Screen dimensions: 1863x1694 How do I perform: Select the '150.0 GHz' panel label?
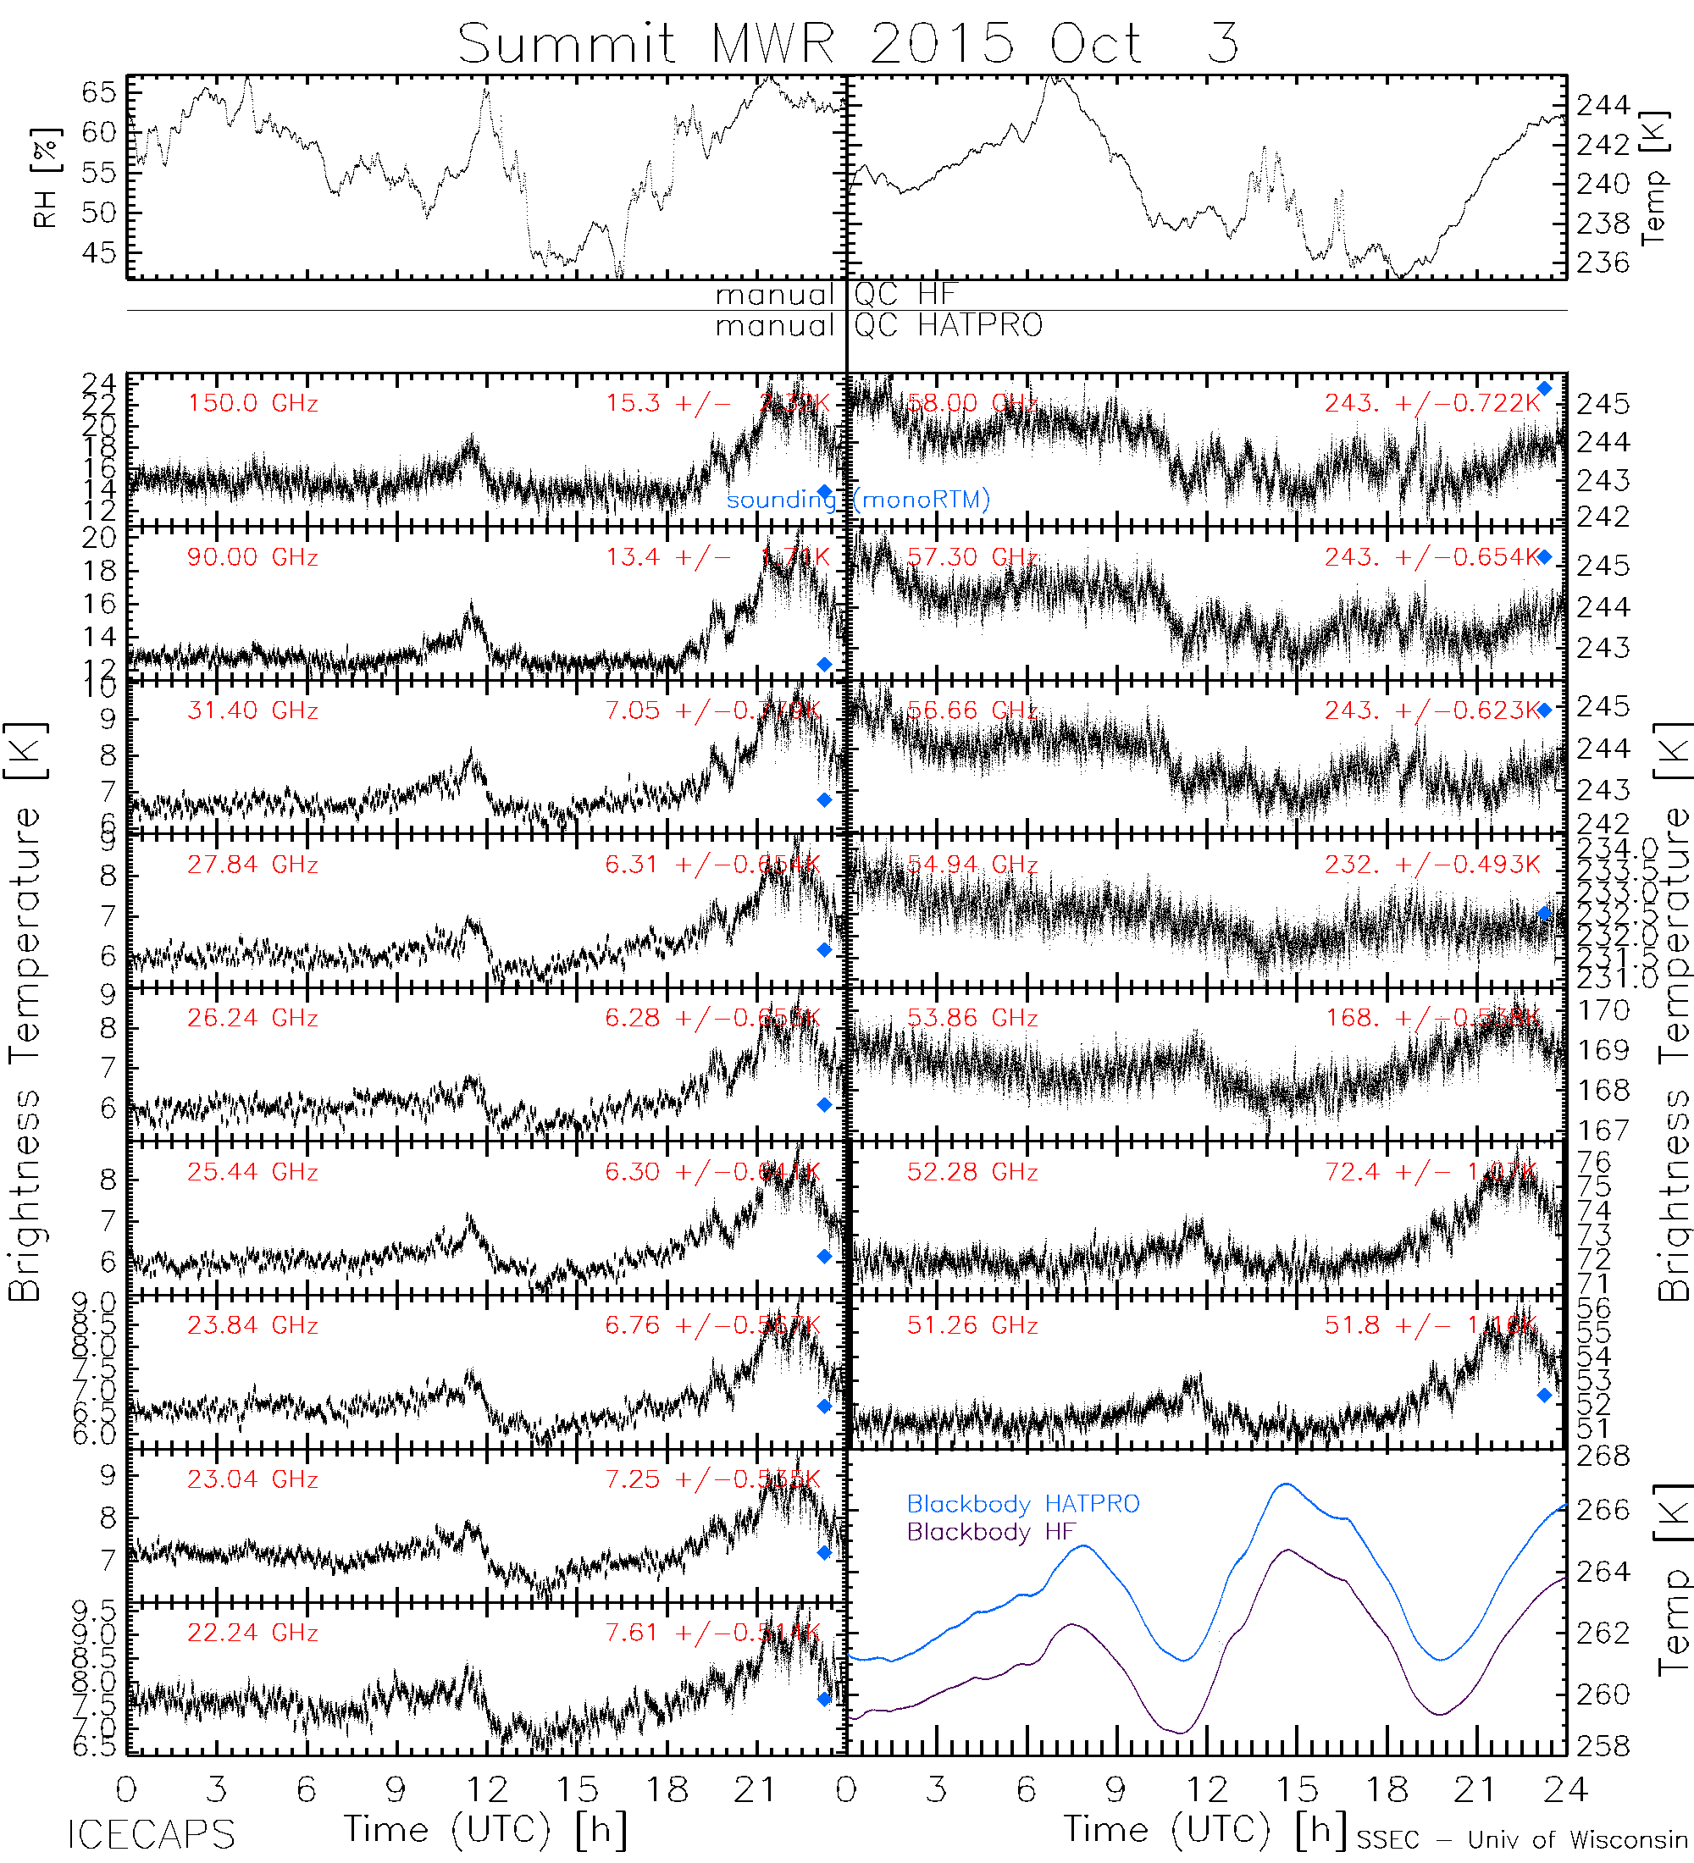[x=252, y=404]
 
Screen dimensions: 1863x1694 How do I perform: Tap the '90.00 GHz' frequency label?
[x=252, y=557]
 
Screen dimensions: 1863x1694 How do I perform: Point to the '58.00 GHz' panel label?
[x=972, y=404]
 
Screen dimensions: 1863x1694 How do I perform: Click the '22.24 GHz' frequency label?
[x=252, y=1633]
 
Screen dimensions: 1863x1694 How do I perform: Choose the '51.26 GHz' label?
[x=972, y=1326]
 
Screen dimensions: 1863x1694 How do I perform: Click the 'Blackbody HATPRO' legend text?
[x=1022, y=1503]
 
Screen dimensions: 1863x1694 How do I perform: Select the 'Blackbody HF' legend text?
[x=990, y=1532]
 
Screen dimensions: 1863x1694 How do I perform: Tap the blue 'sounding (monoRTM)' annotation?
[x=858, y=500]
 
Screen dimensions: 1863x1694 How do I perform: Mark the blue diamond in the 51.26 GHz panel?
[x=1543, y=1396]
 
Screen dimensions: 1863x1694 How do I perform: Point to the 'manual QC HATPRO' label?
[x=878, y=325]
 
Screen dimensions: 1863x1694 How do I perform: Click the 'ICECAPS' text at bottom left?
[x=151, y=1835]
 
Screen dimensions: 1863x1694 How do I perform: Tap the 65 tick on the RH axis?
[x=99, y=92]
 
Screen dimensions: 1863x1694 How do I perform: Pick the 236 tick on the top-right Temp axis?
[x=1603, y=263]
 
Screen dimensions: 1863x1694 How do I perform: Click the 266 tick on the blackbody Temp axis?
[x=1603, y=1510]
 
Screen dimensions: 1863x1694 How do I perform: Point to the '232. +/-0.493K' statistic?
[x=1431, y=864]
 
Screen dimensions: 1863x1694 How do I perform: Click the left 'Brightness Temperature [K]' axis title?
[x=25, y=1012]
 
